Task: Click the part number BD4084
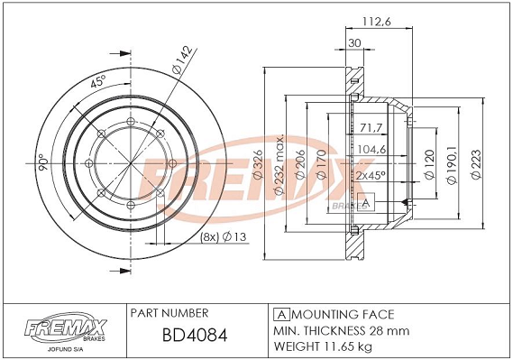195,336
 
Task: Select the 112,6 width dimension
377,22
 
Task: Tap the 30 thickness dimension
354,43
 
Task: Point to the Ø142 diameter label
181,60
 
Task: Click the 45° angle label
98,81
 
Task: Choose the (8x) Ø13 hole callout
223,236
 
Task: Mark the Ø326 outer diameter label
258,164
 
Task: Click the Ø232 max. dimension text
279,164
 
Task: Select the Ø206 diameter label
300,164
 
